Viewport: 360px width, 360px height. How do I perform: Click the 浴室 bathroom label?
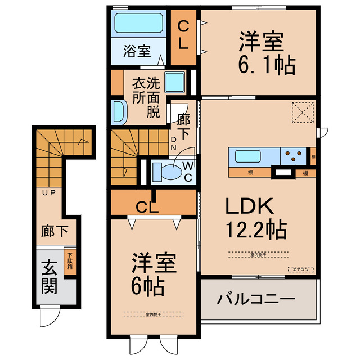point(137,52)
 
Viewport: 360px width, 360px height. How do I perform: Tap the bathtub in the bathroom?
point(138,24)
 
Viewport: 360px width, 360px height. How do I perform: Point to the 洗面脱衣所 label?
point(146,97)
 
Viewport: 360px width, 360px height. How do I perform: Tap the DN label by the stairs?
point(174,144)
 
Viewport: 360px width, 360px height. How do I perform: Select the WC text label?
point(188,172)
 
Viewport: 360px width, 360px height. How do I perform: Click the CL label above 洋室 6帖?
point(148,205)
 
